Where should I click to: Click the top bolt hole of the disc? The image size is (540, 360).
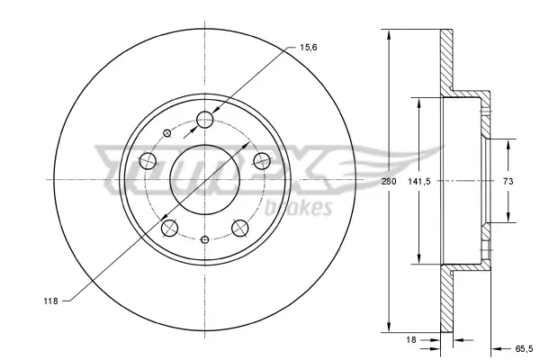(x=205, y=117)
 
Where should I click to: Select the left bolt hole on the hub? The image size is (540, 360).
(x=148, y=161)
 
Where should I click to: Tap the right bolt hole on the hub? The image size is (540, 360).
(x=263, y=160)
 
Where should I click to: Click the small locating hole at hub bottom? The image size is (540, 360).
(x=205, y=238)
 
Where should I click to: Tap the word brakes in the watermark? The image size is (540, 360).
(x=309, y=210)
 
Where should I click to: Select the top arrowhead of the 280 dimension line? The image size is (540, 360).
(x=388, y=36)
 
